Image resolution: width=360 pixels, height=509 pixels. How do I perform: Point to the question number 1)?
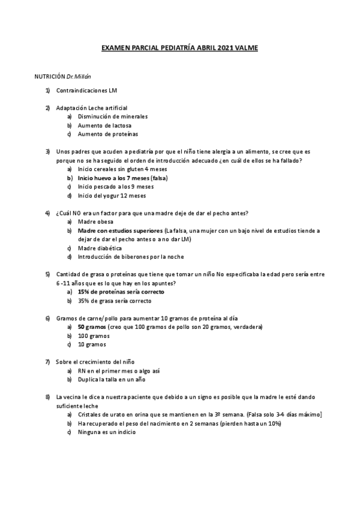point(47,91)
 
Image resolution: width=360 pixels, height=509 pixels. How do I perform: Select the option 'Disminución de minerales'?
point(113,116)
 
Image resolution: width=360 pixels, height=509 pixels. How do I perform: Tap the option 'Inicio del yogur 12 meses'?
point(111,196)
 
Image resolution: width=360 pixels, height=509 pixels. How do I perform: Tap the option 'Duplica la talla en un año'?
point(111,379)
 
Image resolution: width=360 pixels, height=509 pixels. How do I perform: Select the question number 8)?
point(47,397)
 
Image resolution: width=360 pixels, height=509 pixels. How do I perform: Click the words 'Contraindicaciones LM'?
point(86,91)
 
